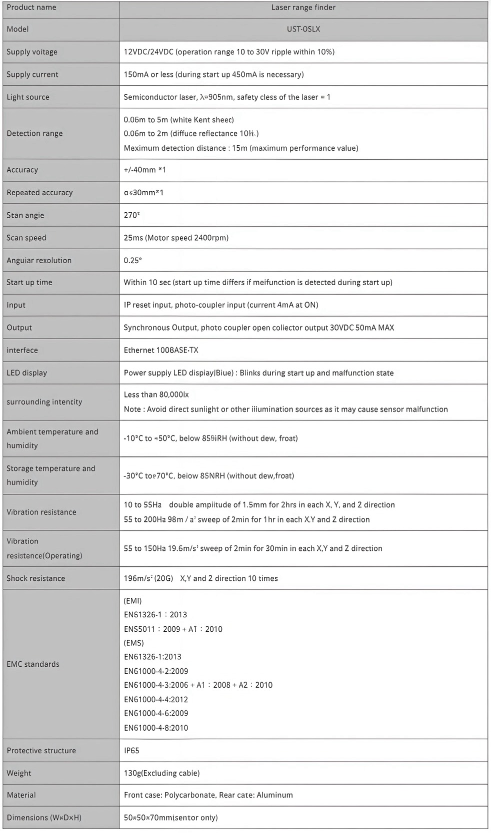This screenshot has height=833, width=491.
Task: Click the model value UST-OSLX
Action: point(303,29)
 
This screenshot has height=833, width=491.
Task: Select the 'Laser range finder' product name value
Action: point(303,7)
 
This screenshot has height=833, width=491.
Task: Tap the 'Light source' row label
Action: point(28,97)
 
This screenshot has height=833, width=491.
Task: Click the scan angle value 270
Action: point(131,215)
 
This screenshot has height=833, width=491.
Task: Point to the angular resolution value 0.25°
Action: point(132,260)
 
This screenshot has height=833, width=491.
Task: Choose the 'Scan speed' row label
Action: point(26,238)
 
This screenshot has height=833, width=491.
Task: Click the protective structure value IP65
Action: point(131,751)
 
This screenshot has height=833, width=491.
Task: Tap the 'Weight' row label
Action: point(19,773)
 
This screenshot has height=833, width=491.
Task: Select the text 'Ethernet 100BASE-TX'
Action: point(161,350)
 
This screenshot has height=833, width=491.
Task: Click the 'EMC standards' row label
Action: point(33,664)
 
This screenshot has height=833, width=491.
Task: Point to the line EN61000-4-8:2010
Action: point(156,728)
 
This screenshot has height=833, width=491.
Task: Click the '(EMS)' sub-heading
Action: point(133,643)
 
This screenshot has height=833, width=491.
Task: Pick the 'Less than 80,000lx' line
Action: point(156,395)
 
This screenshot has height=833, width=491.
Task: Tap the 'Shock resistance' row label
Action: point(36,578)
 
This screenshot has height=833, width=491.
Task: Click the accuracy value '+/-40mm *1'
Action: point(144,170)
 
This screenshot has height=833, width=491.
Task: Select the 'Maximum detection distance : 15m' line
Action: point(240,148)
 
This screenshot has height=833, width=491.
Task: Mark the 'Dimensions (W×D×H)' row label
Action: point(44,818)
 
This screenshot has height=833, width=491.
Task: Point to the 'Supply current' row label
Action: point(32,74)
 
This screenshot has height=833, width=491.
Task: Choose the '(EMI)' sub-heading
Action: point(132,601)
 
